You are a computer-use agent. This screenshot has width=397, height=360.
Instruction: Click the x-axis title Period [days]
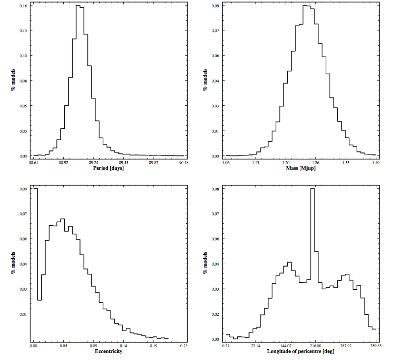[x=109, y=168]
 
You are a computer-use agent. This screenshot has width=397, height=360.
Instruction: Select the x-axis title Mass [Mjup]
[x=301, y=168]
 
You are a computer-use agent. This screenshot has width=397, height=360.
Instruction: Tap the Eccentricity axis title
[x=109, y=351]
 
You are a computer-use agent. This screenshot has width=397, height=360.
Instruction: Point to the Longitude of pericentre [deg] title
[x=301, y=351]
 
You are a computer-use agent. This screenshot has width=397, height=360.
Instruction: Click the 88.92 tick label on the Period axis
[x=63, y=163]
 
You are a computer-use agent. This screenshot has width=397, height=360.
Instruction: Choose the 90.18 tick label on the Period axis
[x=184, y=163]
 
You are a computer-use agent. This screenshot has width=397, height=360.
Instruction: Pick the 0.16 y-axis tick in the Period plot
[x=23, y=5]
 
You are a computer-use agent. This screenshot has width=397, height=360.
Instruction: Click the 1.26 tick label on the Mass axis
[x=316, y=163]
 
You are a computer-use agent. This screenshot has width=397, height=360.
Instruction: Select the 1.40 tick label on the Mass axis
[x=376, y=163]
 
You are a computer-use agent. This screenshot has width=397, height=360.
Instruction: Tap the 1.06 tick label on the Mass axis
[x=226, y=163]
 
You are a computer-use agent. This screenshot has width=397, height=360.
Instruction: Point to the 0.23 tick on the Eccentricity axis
[x=184, y=346]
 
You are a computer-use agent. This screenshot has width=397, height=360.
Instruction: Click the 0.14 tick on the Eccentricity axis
[x=123, y=346]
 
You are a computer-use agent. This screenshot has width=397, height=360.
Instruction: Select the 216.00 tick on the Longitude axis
[x=316, y=346]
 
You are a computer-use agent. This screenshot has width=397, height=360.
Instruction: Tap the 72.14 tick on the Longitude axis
[x=255, y=346]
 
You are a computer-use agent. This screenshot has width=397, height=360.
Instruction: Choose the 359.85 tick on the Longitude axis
[x=376, y=346]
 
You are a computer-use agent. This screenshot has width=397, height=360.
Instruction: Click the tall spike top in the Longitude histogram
[x=312, y=188]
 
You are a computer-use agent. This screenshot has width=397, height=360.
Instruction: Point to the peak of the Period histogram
[x=78, y=5]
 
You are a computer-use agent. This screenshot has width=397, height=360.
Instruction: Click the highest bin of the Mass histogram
[x=305, y=5]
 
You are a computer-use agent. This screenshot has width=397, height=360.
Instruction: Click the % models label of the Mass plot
[x=205, y=80]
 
